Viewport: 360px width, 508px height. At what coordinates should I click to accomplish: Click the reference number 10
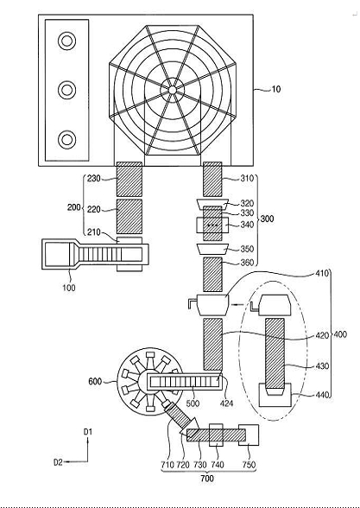[x=275, y=89]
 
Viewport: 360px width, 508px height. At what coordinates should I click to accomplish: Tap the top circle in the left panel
[x=67, y=41]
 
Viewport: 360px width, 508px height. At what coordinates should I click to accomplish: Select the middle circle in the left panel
[x=67, y=90]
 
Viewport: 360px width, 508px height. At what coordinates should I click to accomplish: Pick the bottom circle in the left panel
[x=67, y=140]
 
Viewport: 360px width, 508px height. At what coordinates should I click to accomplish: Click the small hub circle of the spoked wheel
[x=173, y=90]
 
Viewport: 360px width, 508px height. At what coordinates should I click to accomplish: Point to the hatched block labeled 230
[x=129, y=179]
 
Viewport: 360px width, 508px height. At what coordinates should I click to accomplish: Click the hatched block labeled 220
[x=129, y=216]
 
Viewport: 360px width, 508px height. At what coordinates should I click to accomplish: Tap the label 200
[x=74, y=207]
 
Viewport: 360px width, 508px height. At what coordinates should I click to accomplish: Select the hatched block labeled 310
[x=212, y=179]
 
